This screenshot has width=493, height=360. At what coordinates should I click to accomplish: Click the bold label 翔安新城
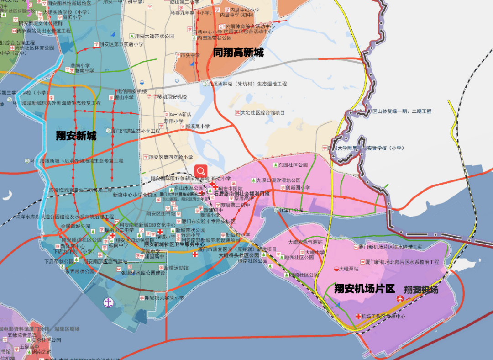(76, 136)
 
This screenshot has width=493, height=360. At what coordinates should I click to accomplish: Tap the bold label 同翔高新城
(238, 53)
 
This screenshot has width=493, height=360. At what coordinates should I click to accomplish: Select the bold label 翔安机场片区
(364, 289)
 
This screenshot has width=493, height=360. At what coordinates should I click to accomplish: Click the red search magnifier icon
(201, 171)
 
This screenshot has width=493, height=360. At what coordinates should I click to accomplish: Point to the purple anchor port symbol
(108, 302)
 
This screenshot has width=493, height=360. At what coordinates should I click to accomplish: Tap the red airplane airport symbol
(400, 299)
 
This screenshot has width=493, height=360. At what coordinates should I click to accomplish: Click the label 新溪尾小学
(197, 127)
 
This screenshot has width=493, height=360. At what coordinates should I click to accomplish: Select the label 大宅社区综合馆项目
(262, 112)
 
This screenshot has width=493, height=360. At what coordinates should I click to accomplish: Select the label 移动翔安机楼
(172, 97)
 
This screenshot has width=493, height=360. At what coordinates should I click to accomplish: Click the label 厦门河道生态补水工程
(136, 131)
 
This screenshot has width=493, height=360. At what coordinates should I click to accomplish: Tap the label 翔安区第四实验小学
(170, 157)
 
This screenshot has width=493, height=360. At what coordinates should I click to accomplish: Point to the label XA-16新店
(180, 115)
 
